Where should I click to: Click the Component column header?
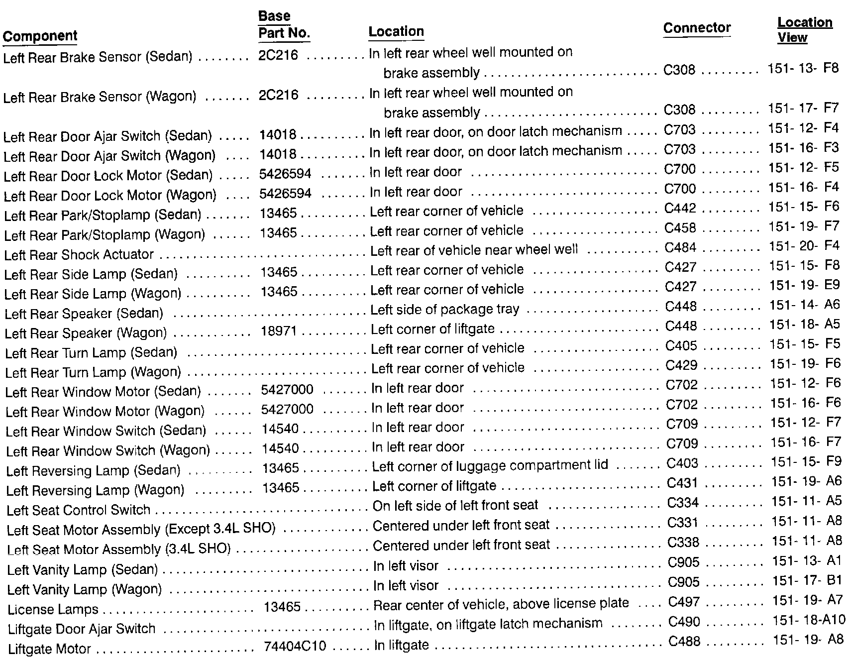click(x=40, y=36)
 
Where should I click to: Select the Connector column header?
click(x=697, y=28)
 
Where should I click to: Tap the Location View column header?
click(x=805, y=30)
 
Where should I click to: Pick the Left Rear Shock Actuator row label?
click(x=79, y=255)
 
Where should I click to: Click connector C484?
click(x=680, y=248)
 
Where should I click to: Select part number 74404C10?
click(x=295, y=647)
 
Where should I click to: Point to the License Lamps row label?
click(x=53, y=610)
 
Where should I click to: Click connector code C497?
click(x=684, y=602)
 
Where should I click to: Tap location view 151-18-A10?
click(x=809, y=620)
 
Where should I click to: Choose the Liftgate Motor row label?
click(x=49, y=649)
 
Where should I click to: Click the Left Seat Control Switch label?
click(x=78, y=510)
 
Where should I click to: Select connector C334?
click(x=683, y=503)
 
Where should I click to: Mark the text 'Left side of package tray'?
click(x=445, y=310)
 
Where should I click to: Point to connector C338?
click(x=683, y=543)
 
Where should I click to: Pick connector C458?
click(x=680, y=228)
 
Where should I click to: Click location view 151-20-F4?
click(x=804, y=247)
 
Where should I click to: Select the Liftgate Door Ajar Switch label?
click(x=82, y=629)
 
